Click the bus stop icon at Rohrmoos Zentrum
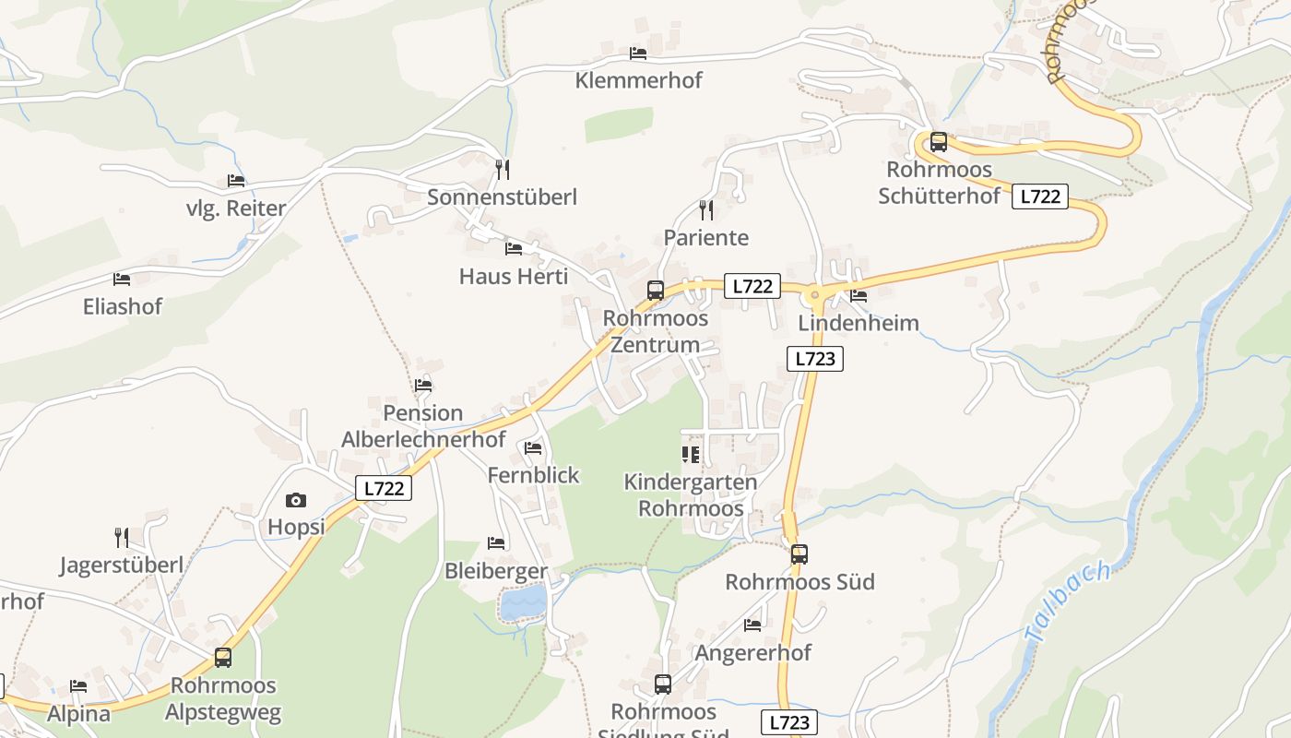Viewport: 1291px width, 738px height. (x=656, y=290)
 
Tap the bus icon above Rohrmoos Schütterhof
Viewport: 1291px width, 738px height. (x=939, y=142)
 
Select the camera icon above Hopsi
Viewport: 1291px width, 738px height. (x=296, y=500)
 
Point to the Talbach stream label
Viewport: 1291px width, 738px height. (x=1066, y=602)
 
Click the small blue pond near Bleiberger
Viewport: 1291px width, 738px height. (x=523, y=604)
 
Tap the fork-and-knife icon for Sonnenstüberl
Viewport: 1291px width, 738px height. (x=502, y=169)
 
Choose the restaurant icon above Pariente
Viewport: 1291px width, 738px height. (x=706, y=209)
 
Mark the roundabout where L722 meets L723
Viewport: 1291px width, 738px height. (x=814, y=295)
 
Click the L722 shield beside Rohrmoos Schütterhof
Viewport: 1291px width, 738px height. (x=1040, y=196)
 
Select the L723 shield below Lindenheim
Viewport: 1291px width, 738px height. (x=815, y=359)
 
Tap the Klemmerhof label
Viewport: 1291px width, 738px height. (x=638, y=80)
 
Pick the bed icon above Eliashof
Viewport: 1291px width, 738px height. (x=122, y=279)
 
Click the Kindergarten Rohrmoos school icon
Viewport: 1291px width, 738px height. (x=691, y=454)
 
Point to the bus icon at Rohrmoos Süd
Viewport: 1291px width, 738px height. (x=799, y=553)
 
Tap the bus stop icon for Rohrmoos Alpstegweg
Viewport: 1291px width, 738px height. (x=223, y=658)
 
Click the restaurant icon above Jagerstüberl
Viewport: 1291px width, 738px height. (x=121, y=537)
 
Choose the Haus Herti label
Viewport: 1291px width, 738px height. (x=514, y=276)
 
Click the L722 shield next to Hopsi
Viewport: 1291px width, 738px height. (x=384, y=488)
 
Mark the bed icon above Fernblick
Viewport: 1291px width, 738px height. (x=533, y=448)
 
